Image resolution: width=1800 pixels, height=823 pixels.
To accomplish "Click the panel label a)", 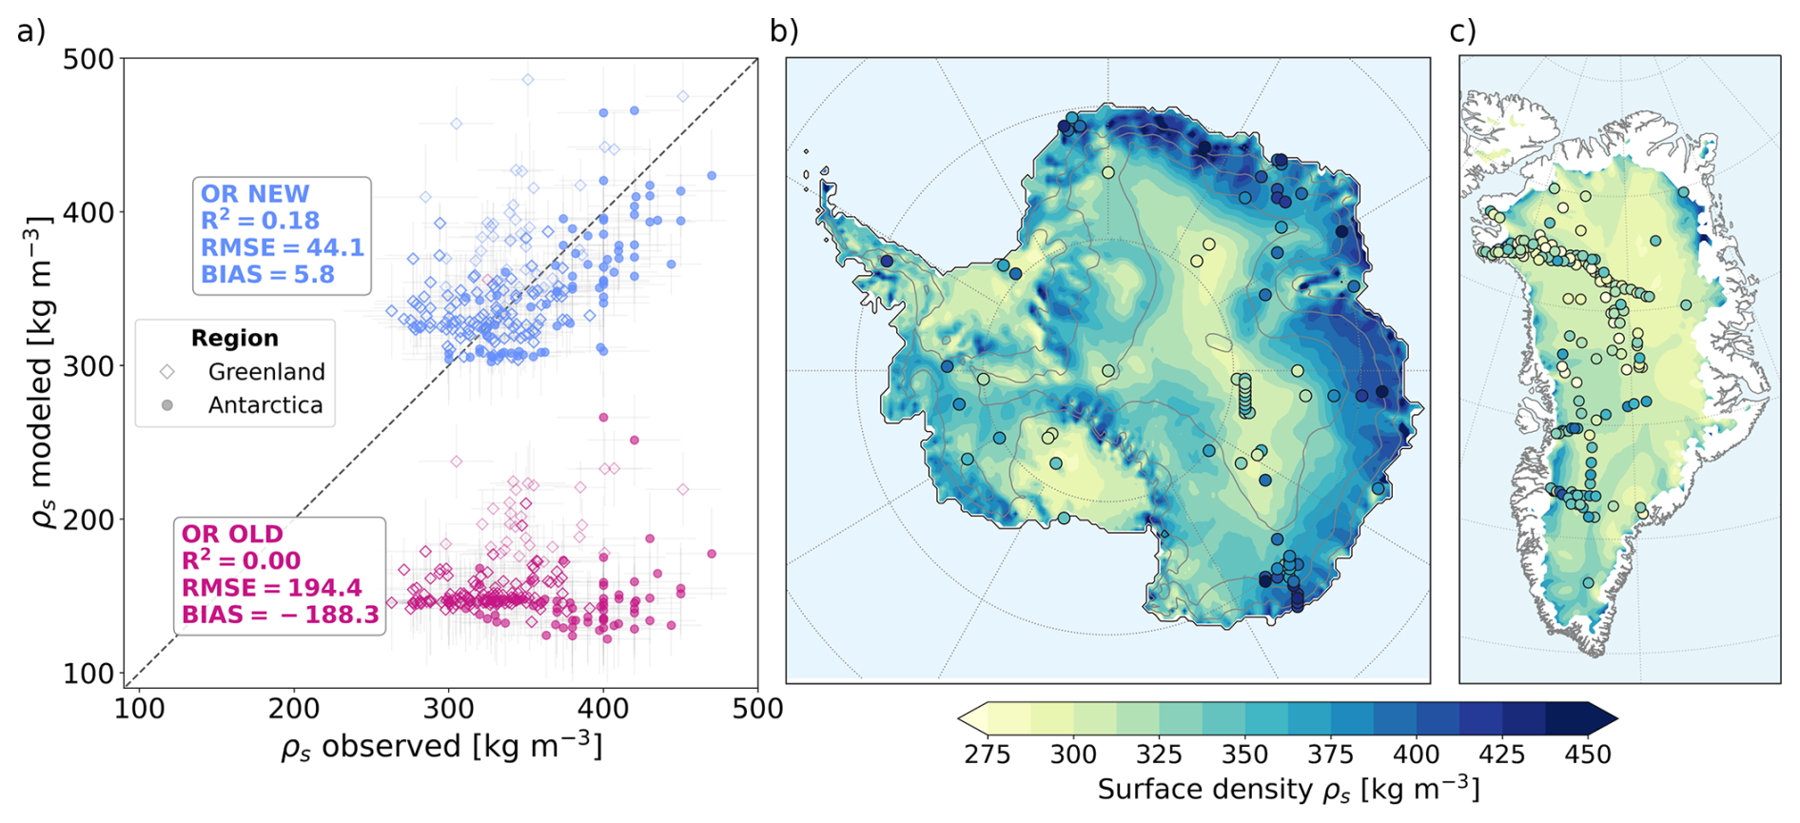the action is click(31, 31).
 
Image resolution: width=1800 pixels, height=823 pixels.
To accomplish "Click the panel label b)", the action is click(784, 31).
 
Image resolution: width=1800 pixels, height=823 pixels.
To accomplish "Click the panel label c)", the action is click(1462, 31).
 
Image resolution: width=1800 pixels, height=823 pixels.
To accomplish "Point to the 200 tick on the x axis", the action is click(293, 708).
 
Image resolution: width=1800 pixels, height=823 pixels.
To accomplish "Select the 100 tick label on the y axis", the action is click(88, 674).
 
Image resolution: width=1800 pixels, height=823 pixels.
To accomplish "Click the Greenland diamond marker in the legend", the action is click(167, 371).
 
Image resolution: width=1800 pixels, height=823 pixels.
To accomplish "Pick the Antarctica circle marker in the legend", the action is click(167, 405).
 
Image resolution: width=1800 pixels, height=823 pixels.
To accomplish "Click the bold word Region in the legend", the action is click(235, 338).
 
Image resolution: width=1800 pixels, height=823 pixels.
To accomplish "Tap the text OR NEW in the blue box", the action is click(255, 194).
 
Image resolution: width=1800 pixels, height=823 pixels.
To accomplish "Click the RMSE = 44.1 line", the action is click(283, 247).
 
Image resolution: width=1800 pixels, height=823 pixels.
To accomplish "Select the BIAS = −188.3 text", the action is click(281, 615).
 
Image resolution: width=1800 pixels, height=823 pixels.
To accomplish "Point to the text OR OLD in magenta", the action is click(232, 534).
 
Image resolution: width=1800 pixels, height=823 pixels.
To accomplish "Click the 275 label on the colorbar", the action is click(987, 754).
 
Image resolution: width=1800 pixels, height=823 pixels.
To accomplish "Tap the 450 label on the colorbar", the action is click(1587, 754).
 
